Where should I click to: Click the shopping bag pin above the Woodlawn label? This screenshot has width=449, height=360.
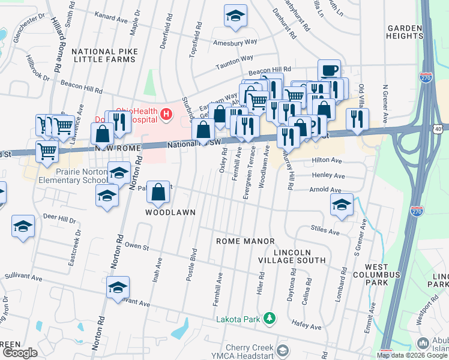[x=158, y=193]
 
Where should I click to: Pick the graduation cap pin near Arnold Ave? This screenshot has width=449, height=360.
[x=342, y=205]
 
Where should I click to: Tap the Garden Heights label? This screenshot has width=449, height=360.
[x=410, y=33]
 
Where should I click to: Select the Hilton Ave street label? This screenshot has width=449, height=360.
[x=328, y=161]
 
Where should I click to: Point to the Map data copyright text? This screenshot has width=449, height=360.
[x=411, y=355]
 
